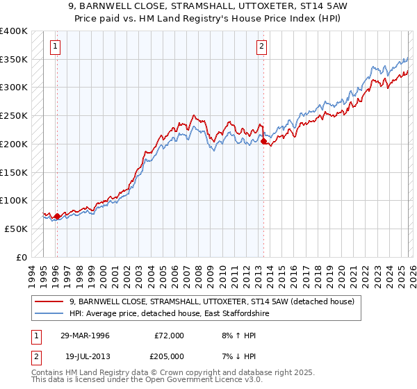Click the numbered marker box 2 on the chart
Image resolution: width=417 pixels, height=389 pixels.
(261, 47)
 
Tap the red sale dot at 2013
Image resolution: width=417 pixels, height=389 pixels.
(263, 141)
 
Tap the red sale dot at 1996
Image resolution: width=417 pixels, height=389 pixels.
(57, 216)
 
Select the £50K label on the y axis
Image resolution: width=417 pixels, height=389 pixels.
(15, 229)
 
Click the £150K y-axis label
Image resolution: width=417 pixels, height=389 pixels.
(13, 172)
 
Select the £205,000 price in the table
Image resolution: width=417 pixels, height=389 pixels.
(169, 355)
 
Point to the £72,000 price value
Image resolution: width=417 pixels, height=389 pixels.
(169, 336)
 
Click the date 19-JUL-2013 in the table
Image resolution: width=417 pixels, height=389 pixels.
(85, 355)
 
